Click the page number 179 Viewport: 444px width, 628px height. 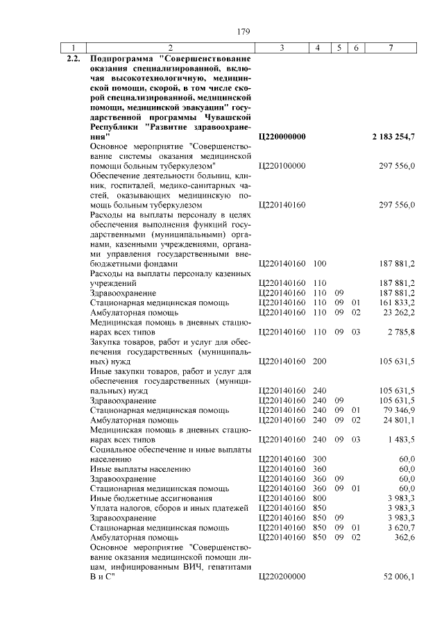[243, 32]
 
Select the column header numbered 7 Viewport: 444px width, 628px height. [393, 47]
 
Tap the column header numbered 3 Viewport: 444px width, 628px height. [282, 47]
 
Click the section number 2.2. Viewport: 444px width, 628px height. [73, 58]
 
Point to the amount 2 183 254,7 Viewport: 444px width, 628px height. [393, 137]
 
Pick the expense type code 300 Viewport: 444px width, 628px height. [320, 459]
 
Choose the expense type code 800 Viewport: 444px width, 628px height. [320, 498]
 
